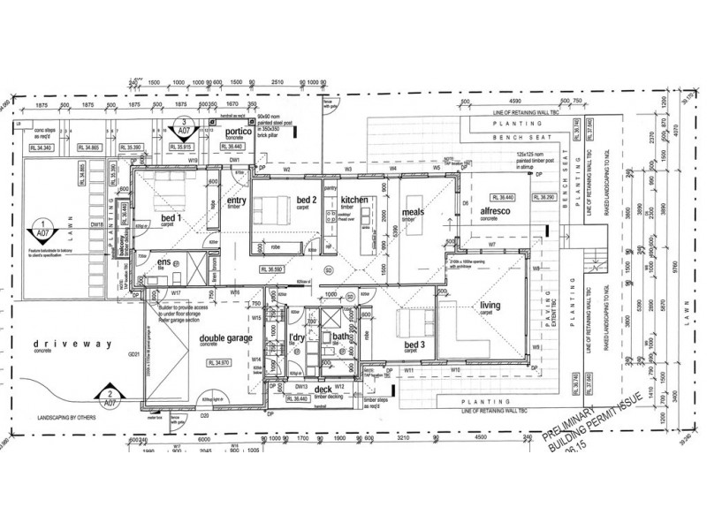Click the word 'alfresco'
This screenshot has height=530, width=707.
point(497,212)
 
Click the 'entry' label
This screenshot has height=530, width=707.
point(237,201)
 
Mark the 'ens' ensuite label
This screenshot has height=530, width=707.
point(164,262)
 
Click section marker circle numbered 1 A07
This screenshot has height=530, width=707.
point(43,227)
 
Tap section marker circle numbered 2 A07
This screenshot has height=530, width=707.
point(109,395)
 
